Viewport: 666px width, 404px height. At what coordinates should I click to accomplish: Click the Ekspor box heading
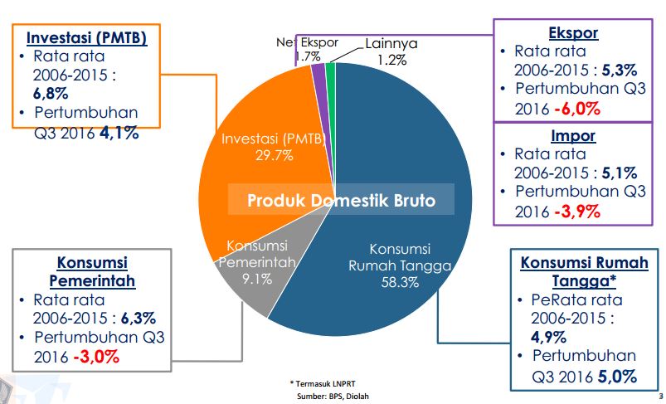coord(574,32)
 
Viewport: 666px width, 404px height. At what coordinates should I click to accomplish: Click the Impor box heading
coord(574,135)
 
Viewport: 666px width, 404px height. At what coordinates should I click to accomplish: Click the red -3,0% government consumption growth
coord(96,358)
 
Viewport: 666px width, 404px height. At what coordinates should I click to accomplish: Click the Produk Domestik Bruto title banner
coord(341,201)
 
